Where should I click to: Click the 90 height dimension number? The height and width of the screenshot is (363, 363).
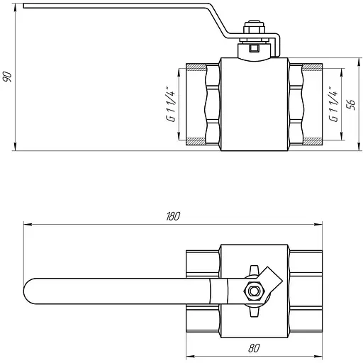7,77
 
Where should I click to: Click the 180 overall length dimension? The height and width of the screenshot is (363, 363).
173,216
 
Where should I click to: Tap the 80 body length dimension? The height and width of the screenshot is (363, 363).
254,348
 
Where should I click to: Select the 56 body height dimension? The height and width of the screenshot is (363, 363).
351,104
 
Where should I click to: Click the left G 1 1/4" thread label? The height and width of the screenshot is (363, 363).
171,106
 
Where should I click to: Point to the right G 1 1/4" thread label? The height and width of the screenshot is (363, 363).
333,104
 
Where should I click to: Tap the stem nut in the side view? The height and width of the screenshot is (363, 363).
254,29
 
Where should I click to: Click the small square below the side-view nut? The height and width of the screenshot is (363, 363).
255,48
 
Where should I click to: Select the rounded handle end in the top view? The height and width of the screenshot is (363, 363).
30,291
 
